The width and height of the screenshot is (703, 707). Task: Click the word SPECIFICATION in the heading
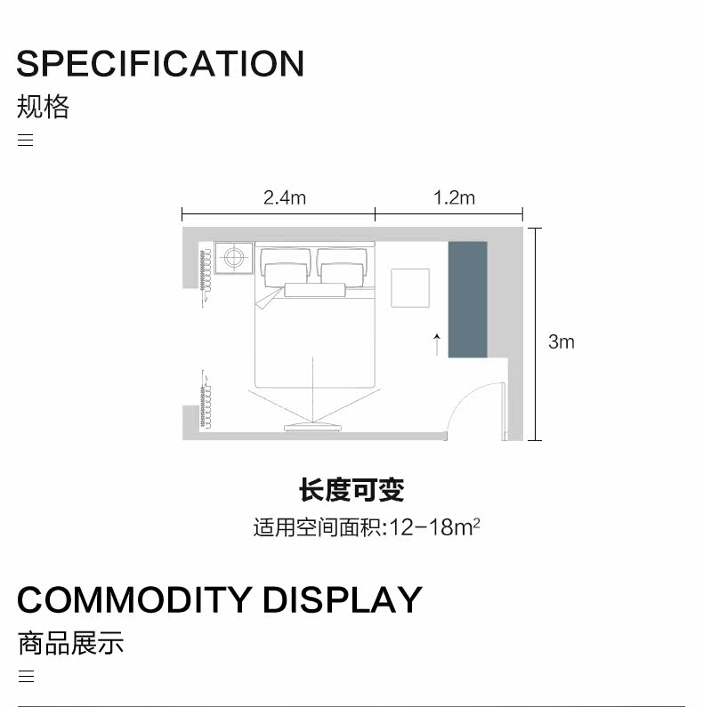point(160,64)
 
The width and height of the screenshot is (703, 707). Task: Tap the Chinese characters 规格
point(43,108)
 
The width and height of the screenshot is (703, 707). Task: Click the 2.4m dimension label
point(284,197)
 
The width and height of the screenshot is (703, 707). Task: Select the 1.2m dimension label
point(454,197)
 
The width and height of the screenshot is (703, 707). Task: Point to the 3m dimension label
point(561,341)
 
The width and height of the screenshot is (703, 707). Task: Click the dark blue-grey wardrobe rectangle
point(467,299)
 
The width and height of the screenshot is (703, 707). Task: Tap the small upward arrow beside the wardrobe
point(437,343)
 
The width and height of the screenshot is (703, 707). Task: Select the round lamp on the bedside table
point(234,258)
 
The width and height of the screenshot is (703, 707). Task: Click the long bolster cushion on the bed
point(315,290)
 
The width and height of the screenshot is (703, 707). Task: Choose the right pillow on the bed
point(343,268)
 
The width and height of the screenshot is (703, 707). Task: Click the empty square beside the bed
point(410,287)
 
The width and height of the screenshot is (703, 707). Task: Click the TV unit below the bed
point(311,428)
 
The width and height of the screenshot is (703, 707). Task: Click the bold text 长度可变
point(351,490)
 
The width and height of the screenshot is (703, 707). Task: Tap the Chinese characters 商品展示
point(70,643)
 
